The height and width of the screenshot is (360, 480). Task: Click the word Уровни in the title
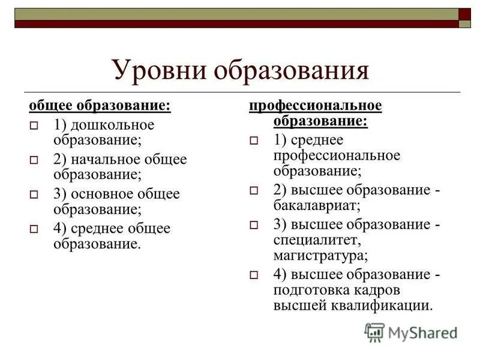click(153, 71)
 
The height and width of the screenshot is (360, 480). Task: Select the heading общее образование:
click(100, 106)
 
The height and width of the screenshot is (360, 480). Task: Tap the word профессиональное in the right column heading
click(316, 106)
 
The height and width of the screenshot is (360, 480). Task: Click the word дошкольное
click(112, 125)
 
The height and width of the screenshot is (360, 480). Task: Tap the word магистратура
click(320, 255)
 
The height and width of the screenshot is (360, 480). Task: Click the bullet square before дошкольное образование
click(34, 127)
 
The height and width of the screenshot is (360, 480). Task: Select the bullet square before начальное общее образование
click(34, 161)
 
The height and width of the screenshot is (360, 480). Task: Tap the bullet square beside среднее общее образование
click(34, 229)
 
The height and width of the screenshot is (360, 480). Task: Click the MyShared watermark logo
click(411, 332)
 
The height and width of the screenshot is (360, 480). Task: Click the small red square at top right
click(465, 14)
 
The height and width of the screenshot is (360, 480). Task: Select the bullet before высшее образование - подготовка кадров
click(254, 275)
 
